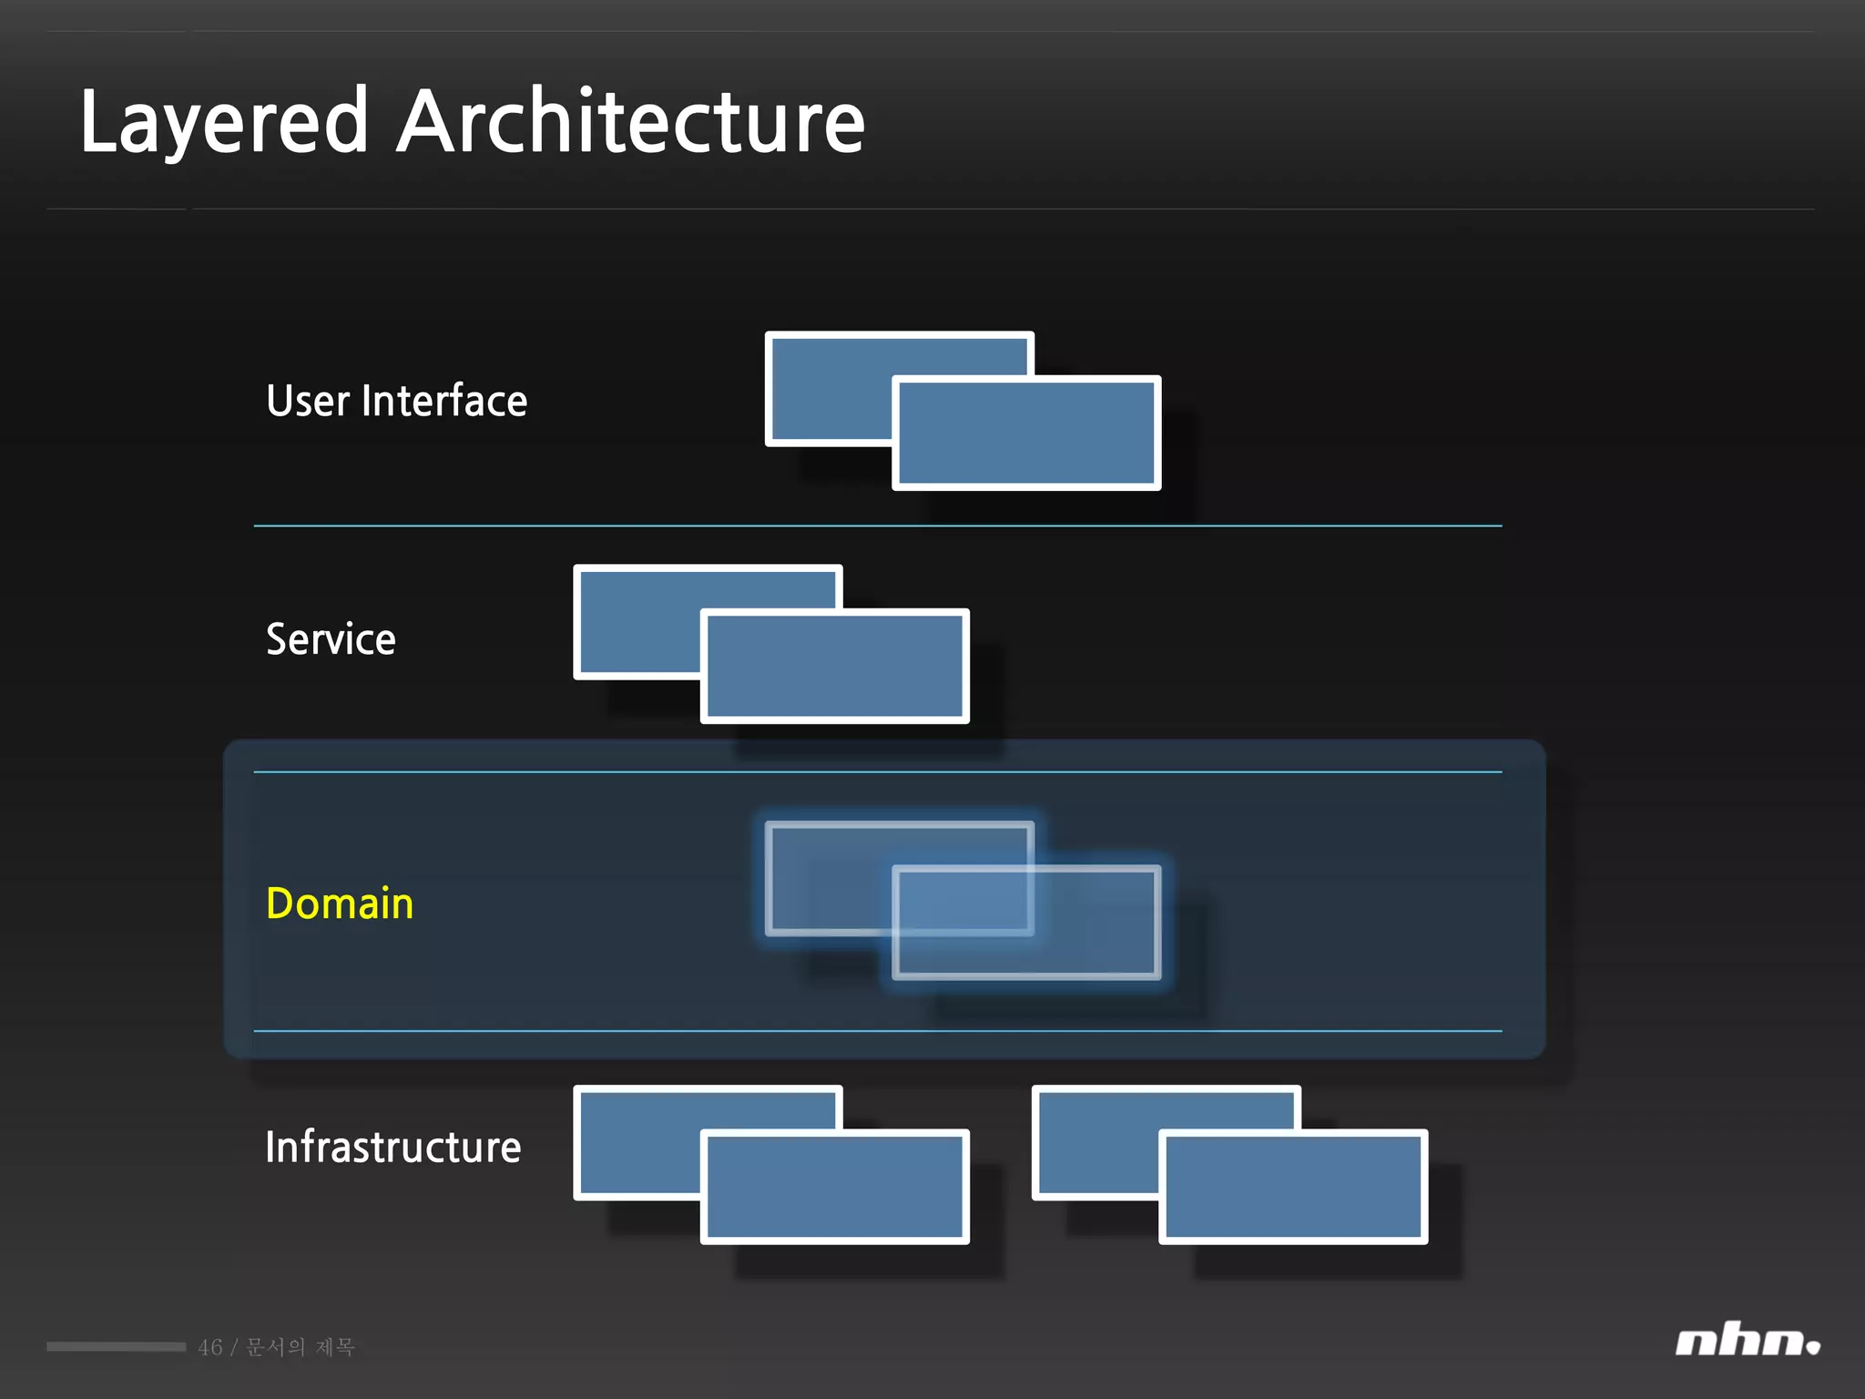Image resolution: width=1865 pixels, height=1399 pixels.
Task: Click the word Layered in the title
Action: pos(224,123)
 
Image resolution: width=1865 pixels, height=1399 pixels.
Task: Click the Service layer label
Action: pos(331,638)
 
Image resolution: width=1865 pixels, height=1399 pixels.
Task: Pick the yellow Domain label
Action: pos(340,904)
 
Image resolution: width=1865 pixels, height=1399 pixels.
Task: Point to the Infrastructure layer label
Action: pos(392,1147)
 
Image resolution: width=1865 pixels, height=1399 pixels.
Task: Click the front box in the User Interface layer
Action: pos(1026,434)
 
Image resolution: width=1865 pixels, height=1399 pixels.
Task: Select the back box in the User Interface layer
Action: pos(829,387)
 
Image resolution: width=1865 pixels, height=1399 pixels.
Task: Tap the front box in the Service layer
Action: pos(834,667)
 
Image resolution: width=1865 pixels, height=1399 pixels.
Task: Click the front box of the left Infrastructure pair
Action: pos(834,1187)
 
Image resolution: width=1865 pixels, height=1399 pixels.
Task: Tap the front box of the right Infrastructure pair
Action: pos(1293,1187)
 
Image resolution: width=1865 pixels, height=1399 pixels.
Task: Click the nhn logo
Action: pos(1747,1342)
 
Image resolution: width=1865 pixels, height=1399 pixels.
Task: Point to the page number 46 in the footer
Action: pos(210,1347)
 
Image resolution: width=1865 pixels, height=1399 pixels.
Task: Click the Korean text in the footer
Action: pos(301,1347)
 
